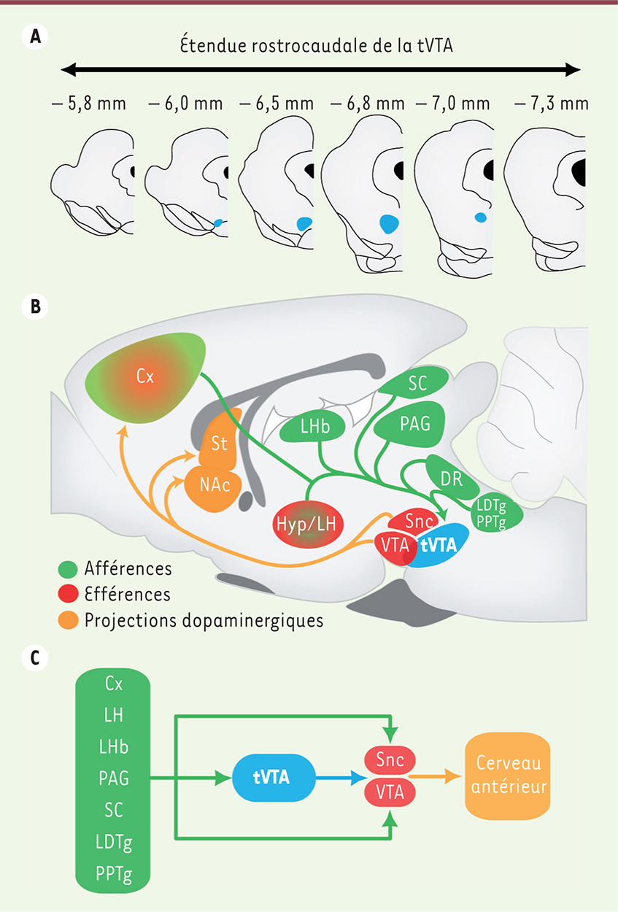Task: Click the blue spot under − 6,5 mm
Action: [304, 223]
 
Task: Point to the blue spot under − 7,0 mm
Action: [479, 217]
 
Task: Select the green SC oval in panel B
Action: [417, 384]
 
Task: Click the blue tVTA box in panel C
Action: [271, 778]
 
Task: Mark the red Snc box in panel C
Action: [391, 760]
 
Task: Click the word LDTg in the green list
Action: [113, 843]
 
